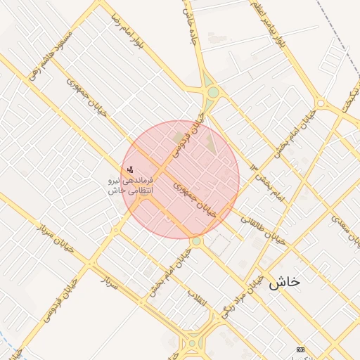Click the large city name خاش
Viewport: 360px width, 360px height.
284,282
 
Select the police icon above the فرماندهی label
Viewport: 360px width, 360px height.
129,169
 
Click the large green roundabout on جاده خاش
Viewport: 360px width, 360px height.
212,92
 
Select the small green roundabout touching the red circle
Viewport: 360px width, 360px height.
196,241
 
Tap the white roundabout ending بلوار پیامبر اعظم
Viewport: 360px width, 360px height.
321,103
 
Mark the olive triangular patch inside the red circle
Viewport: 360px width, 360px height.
211,144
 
